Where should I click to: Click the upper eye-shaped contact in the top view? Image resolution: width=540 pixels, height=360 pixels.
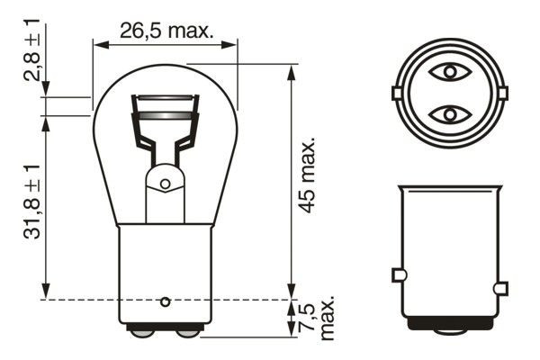tap(447, 71)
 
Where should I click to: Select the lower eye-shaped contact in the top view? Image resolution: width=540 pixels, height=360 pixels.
tap(447, 114)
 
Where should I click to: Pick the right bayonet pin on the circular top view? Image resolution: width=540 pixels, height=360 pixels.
tap(501, 93)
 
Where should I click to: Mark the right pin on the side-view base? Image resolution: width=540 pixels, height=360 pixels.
tap(500, 288)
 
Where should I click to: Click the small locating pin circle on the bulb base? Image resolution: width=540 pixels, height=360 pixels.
tap(165, 301)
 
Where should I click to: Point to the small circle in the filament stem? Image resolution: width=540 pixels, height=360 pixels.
tap(165, 184)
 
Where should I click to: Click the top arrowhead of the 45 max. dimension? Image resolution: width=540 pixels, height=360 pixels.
tap(291, 69)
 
